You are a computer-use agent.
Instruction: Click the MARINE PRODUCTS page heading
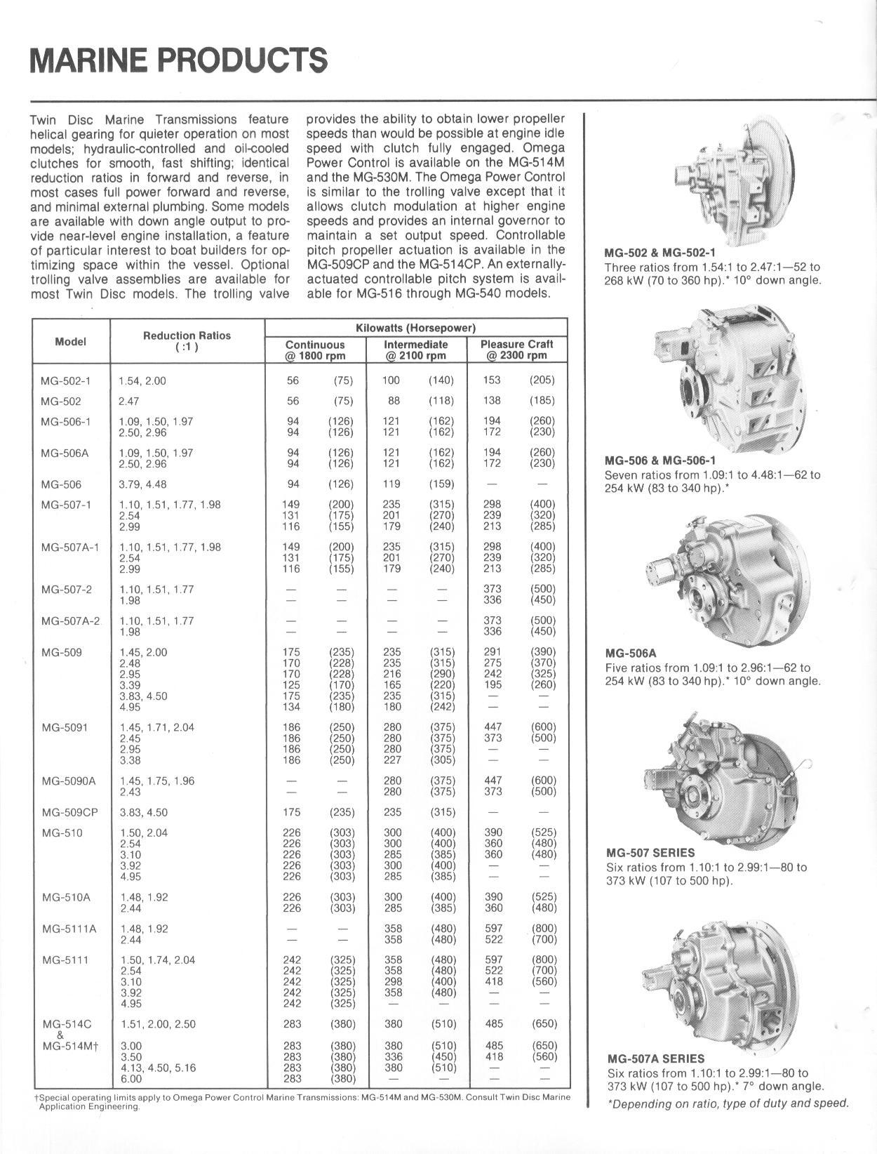(178, 60)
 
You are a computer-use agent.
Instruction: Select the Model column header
(71, 342)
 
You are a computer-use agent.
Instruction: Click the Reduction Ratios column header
(187, 341)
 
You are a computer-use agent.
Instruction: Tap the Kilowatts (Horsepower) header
(416, 328)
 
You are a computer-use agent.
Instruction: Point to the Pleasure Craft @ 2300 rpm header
(517, 350)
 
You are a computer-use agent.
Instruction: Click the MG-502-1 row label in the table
(65, 380)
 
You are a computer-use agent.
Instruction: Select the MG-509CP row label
(69, 812)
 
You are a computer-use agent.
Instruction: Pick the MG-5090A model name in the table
(69, 781)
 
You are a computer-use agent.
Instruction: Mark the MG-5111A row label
(69, 929)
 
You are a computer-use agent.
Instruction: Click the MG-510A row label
(66, 897)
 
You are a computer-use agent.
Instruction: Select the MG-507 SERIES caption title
(650, 853)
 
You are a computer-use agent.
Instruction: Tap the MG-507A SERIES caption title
(655, 1059)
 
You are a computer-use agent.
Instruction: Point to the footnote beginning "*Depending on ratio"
(728, 1103)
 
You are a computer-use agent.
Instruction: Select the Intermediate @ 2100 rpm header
(415, 350)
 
